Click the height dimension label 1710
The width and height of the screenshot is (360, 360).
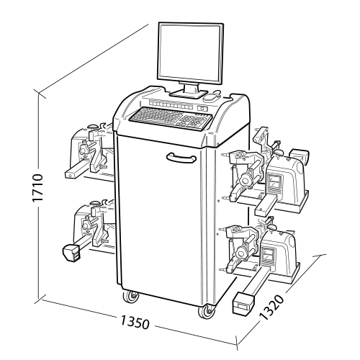click(x=38, y=188)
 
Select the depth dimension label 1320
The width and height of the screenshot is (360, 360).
click(x=272, y=308)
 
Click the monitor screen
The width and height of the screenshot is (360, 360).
click(x=190, y=53)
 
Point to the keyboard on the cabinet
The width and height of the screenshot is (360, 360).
click(x=171, y=118)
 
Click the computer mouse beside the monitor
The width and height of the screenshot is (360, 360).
click(x=212, y=97)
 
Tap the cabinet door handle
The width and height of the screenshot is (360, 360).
click(x=181, y=158)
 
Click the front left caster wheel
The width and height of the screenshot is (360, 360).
click(x=131, y=297)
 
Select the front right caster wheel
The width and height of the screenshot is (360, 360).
click(x=207, y=312)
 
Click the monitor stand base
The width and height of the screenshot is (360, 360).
click(x=189, y=94)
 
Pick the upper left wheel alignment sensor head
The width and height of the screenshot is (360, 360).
click(x=90, y=152)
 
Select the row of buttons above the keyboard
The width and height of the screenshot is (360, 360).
click(x=171, y=104)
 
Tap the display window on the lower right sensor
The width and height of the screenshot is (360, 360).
click(x=269, y=255)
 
